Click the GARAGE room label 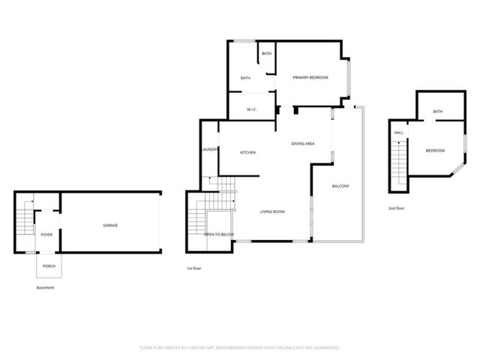110,226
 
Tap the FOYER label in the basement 46,235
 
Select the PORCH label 49,266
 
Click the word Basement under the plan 45,287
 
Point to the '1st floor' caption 194,268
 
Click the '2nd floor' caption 396,208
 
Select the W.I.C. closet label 253,110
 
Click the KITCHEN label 247,152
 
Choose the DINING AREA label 302,143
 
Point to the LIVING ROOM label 272,211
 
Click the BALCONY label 340,186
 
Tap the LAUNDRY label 209,149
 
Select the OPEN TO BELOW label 219,235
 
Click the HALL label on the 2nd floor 398,133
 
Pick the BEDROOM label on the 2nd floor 435,151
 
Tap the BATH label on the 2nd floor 437,112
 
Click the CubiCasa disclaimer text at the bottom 240,348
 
